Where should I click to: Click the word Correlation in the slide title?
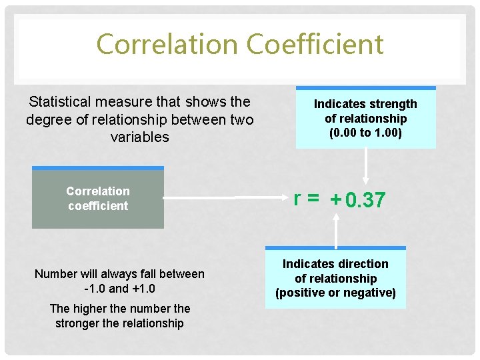[x=167, y=45]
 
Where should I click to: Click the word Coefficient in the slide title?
[x=315, y=45]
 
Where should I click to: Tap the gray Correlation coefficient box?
[x=98, y=199]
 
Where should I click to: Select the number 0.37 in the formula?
[x=365, y=200]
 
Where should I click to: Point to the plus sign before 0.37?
[x=335, y=199]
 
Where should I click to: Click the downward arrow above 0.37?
[x=365, y=167]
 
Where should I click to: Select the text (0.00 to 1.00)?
[x=365, y=133]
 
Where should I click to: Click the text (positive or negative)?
[x=335, y=293]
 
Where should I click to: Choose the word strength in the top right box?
[x=393, y=104]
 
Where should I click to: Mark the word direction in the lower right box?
[x=362, y=264]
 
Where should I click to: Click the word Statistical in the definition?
[x=61, y=102]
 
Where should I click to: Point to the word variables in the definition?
[x=141, y=137]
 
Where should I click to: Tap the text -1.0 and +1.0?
[x=120, y=289]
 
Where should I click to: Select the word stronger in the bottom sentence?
[x=78, y=323]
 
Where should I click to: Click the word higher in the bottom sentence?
[x=91, y=309]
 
